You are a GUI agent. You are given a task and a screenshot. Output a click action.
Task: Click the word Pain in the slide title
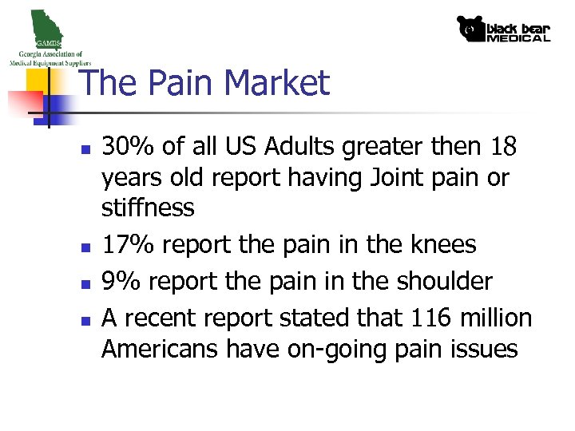pyautogui.click(x=178, y=84)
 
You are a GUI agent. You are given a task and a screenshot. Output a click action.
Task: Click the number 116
pyautogui.click(x=432, y=318)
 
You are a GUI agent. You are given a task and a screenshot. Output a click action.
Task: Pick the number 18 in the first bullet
pyautogui.click(x=505, y=147)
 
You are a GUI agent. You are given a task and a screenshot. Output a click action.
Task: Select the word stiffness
pyautogui.click(x=148, y=208)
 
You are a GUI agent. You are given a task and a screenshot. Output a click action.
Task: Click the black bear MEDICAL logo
pyautogui.click(x=503, y=29)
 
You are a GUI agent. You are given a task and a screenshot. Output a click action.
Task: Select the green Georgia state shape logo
pyautogui.click(x=45, y=27)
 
